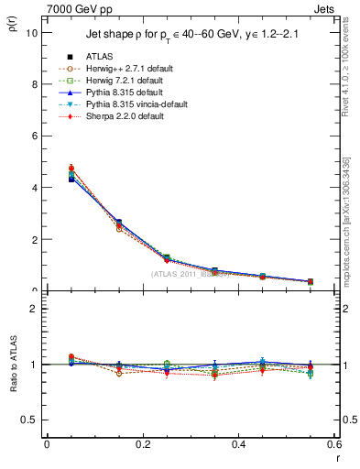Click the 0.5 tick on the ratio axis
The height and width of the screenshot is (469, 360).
pos(30,420)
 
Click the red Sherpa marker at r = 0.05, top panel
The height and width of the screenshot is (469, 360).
pos(71,169)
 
